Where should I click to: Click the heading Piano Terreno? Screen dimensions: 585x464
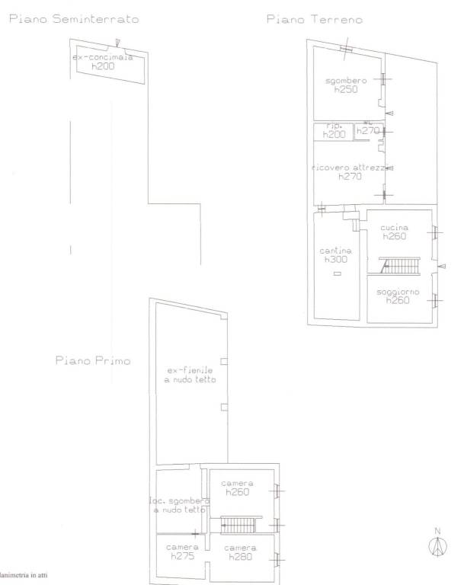click(x=314, y=20)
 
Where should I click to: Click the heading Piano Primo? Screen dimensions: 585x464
click(x=92, y=360)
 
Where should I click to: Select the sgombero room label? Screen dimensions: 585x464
click(x=346, y=81)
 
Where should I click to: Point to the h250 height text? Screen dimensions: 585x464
click(x=346, y=90)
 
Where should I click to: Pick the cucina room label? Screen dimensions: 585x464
click(x=396, y=227)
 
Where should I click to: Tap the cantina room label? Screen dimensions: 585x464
click(x=336, y=251)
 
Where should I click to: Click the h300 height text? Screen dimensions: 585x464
click(x=335, y=260)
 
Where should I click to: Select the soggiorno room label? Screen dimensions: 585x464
click(x=397, y=291)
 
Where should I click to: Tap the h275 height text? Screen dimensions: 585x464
click(x=183, y=557)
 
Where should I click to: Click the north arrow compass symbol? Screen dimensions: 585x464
click(x=437, y=545)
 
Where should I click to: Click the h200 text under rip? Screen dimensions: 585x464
click(x=334, y=135)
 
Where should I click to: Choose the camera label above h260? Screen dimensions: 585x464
click(x=238, y=484)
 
